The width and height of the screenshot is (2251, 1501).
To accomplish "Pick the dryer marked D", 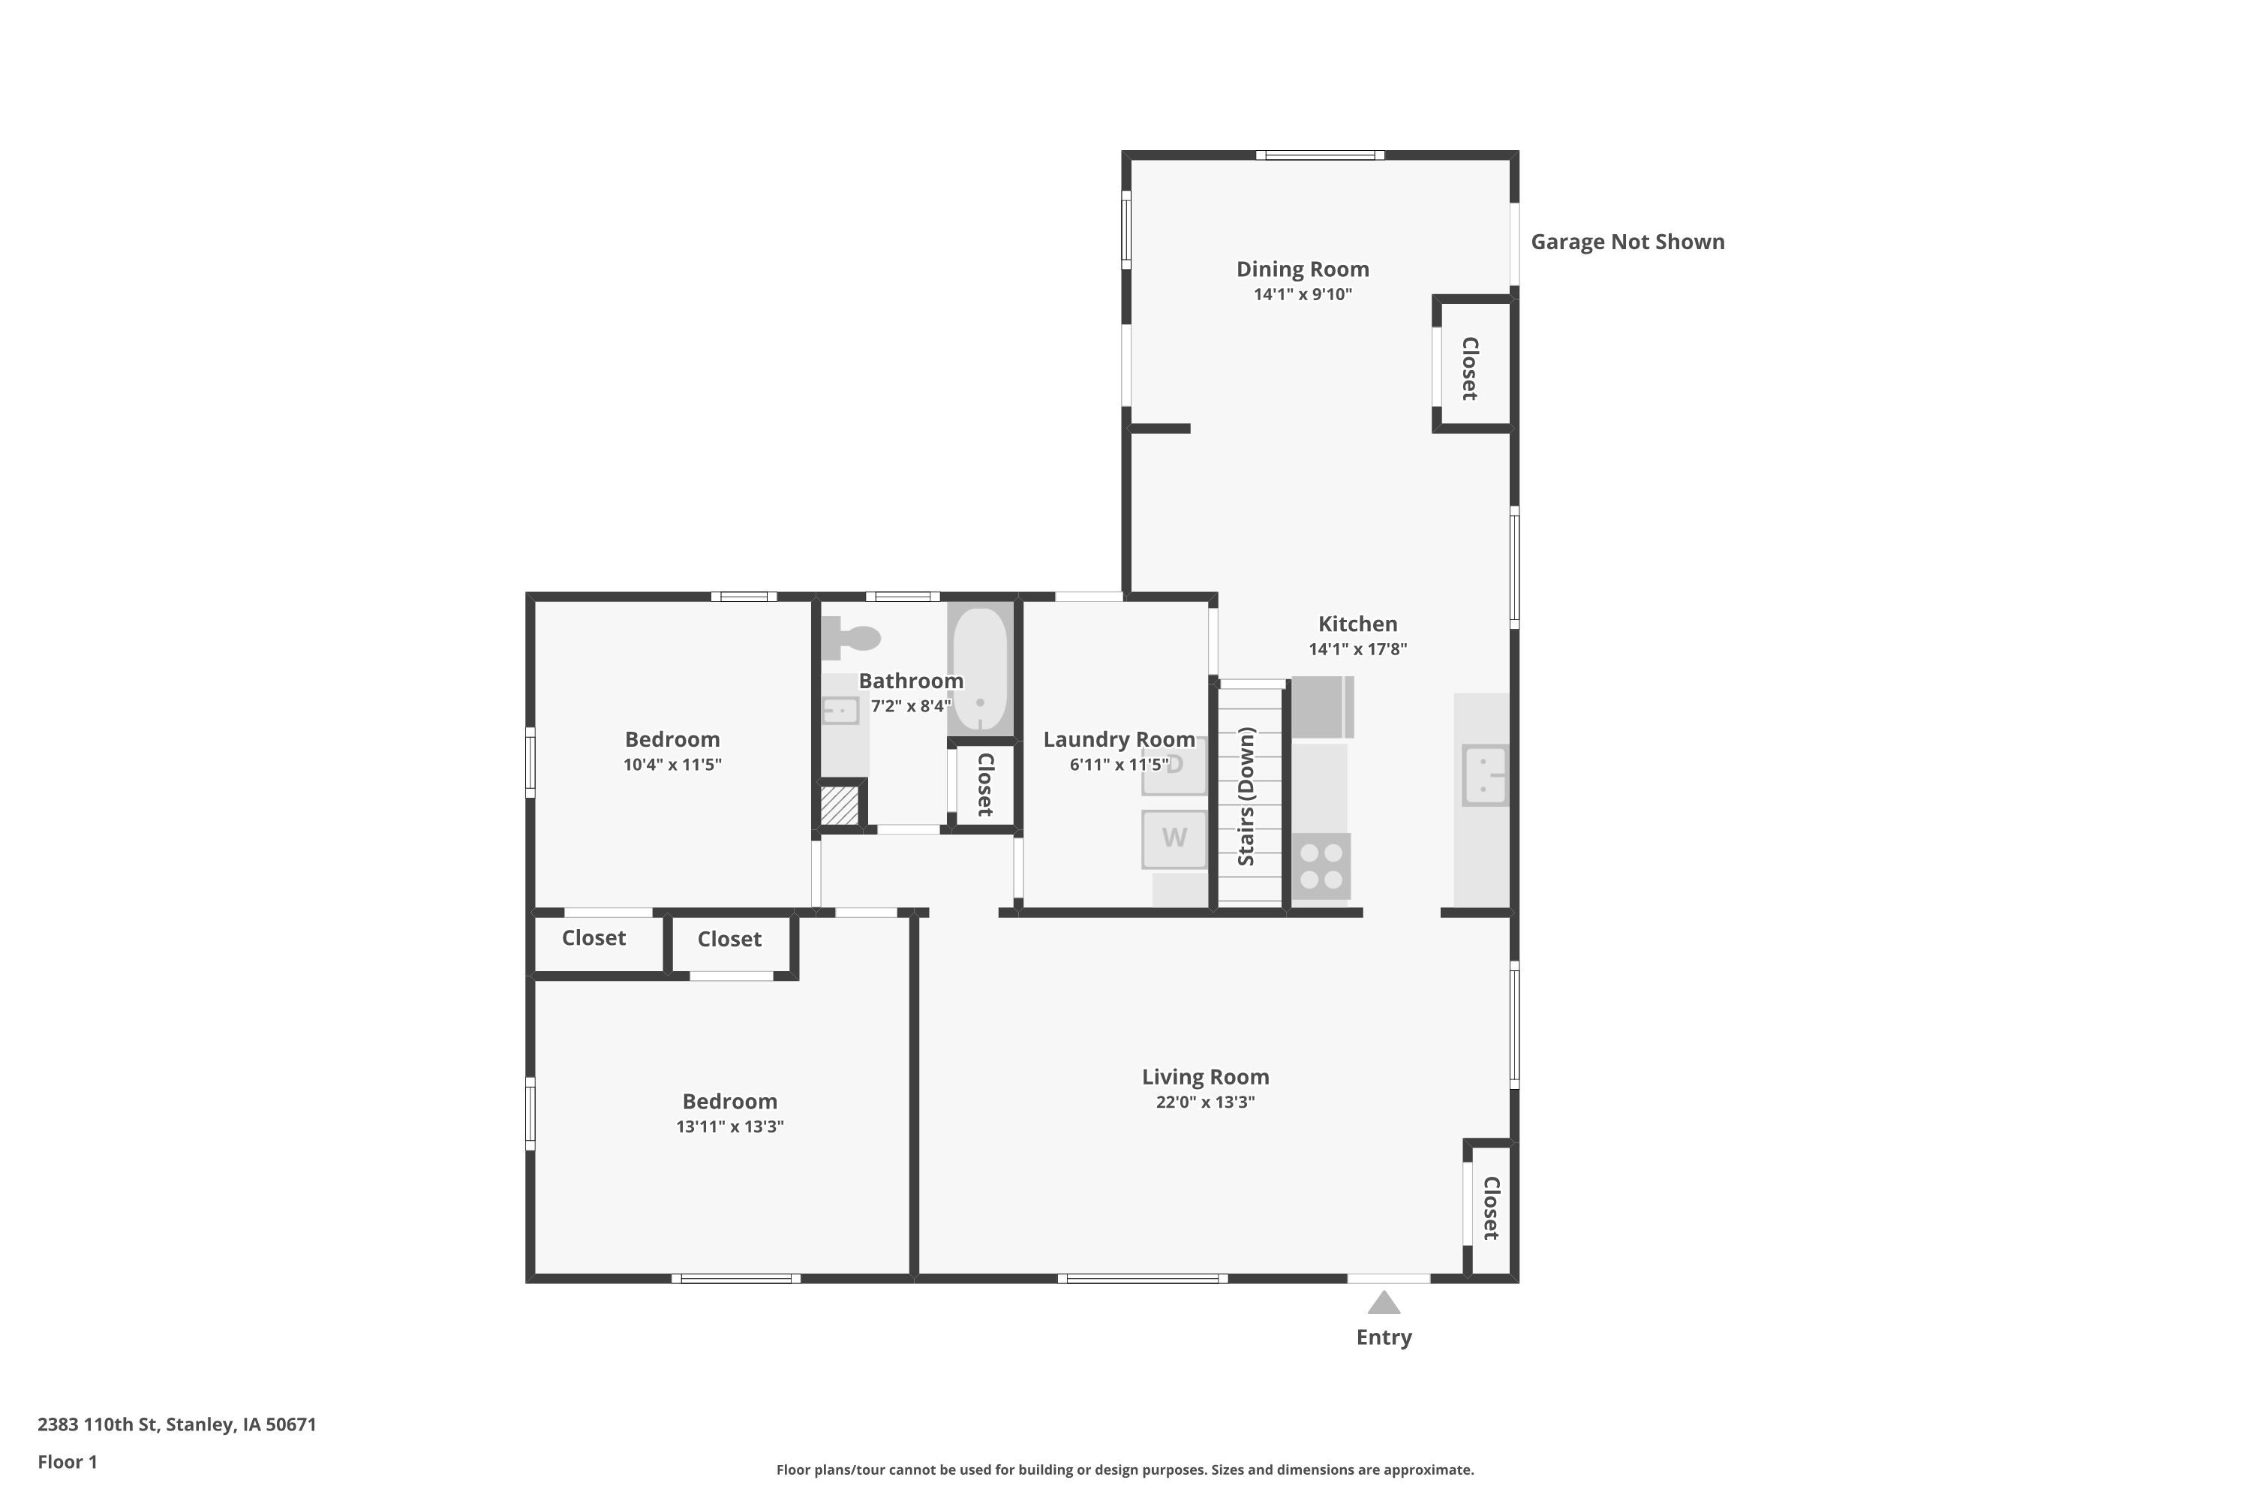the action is click(x=1174, y=766).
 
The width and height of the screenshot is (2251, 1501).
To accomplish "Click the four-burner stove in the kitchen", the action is click(x=1321, y=866).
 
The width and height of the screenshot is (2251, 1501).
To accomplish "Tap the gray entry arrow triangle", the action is click(x=1384, y=1303).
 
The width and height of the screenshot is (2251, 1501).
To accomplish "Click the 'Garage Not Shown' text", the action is click(x=1628, y=242).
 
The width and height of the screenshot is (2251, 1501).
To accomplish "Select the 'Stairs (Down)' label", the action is click(x=1246, y=796).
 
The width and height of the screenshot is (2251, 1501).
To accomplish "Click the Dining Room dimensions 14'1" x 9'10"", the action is click(x=1303, y=294).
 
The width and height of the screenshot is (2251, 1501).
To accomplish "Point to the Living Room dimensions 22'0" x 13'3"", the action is click(x=1205, y=1102).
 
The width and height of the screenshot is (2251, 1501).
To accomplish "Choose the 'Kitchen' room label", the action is click(x=1358, y=624).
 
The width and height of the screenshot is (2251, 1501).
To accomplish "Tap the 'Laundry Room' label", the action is click(x=1119, y=740).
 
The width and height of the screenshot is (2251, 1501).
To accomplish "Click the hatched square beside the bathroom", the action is click(x=840, y=806).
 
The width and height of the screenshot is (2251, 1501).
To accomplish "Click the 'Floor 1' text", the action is click(x=67, y=1462).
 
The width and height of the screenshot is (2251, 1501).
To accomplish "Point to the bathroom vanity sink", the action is click(x=840, y=710).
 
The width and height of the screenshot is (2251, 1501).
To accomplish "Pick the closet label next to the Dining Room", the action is click(x=1470, y=368).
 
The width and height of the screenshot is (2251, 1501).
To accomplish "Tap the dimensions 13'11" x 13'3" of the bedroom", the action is click(x=729, y=1127).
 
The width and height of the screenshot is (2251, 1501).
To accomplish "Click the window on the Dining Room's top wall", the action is click(x=1320, y=155).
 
